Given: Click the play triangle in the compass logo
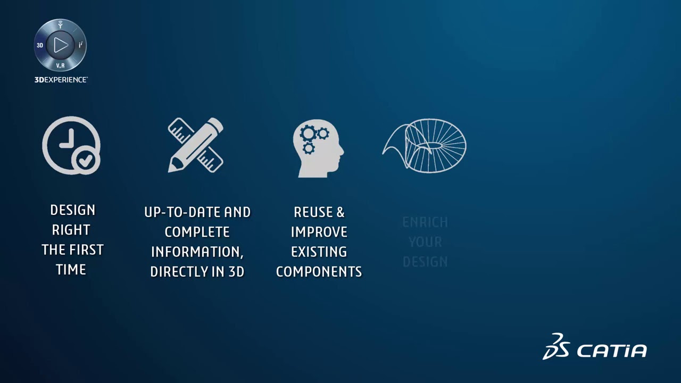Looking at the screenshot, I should coord(61,45).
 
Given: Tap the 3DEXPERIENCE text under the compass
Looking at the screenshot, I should coord(61,79).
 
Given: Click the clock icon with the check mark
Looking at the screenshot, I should coord(70,145).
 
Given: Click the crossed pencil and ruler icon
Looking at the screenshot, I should coord(196,145).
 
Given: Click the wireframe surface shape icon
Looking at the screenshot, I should coord(425,145).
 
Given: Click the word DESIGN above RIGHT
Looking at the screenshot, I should coord(72,210).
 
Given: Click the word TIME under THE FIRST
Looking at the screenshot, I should coord(71,269).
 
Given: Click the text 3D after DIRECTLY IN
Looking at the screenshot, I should coord(236,271).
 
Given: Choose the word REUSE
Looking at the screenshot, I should coord(312,212).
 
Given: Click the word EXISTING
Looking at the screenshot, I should coord(319,252).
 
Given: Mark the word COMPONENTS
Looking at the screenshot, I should coord(319,271).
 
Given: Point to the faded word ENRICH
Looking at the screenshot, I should coord(425,222).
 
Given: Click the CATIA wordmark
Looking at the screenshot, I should coord(612,351).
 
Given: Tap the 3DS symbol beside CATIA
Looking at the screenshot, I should coord(555,346).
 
